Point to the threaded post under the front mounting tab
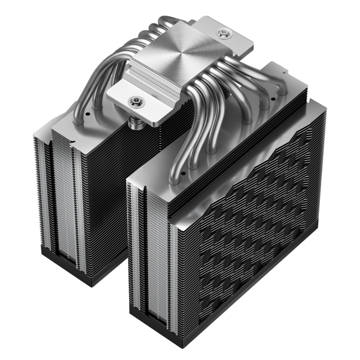(133, 118)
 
